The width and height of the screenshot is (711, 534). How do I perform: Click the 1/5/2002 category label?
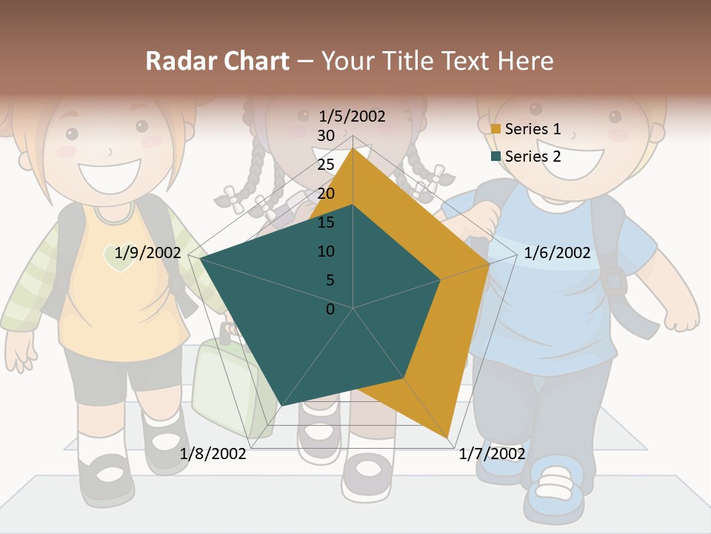[352, 116]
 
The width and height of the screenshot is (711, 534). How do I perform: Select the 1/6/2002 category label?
[557, 253]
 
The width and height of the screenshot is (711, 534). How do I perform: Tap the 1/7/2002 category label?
[492, 453]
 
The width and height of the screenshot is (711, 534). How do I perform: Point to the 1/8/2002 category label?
[213, 453]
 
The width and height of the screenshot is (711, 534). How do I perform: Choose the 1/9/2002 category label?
[147, 253]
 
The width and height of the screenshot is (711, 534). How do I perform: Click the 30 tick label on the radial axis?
[326, 136]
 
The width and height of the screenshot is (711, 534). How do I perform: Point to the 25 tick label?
[326, 165]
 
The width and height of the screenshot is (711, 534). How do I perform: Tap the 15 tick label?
[326, 222]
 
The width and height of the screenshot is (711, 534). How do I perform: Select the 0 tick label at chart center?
[330, 309]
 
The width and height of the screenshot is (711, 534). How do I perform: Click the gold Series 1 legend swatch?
[495, 129]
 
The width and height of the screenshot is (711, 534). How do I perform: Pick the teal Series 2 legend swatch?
[495, 156]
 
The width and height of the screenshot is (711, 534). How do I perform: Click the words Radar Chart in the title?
[217, 61]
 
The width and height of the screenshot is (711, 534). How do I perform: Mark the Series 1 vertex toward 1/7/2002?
[449, 438]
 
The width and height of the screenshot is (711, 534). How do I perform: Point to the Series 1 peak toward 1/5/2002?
[353, 148]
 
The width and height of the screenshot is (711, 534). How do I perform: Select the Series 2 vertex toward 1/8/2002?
[282, 406]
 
